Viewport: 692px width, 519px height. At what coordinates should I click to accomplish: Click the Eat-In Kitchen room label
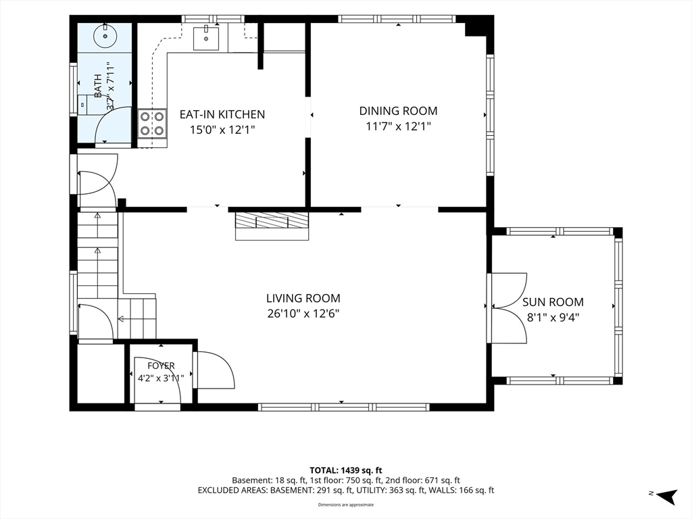(x=222, y=114)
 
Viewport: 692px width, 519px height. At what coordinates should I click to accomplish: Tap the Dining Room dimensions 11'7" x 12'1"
(x=398, y=126)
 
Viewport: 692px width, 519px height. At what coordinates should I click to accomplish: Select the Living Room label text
(x=303, y=298)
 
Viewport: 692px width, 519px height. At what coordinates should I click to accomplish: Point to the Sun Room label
(x=553, y=302)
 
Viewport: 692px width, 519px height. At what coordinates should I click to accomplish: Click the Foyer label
(x=161, y=366)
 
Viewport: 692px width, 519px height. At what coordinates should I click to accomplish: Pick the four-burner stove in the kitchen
(x=152, y=124)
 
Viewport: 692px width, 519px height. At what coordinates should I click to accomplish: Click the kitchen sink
(x=205, y=38)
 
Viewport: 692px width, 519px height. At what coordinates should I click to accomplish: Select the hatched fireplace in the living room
(x=272, y=226)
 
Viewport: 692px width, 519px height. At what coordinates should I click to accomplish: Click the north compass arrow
(x=666, y=496)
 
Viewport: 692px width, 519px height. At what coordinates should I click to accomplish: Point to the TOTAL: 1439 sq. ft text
(x=345, y=470)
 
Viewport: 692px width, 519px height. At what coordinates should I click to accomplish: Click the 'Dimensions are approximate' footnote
(x=346, y=505)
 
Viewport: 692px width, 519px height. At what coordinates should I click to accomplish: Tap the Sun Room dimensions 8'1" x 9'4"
(x=553, y=318)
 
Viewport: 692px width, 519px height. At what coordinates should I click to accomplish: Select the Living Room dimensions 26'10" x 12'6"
(x=303, y=314)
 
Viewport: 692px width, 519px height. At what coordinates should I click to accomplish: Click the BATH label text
(x=98, y=86)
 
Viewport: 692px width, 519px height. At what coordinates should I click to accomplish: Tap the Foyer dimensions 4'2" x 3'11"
(x=161, y=378)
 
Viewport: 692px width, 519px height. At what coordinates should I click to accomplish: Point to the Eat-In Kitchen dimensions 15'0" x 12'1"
(x=222, y=130)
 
